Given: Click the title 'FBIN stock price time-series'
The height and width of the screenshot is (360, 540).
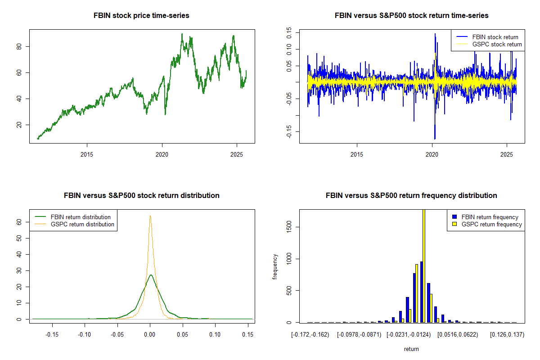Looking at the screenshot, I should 141,16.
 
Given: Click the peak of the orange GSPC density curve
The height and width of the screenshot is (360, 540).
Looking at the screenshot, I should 150,216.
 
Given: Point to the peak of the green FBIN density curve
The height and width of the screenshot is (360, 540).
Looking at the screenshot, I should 151,275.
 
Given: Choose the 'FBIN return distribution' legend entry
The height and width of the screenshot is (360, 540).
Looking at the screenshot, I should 81,217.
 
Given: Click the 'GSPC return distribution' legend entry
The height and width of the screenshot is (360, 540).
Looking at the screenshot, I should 82,224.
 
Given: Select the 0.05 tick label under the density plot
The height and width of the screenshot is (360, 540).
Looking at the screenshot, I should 182,335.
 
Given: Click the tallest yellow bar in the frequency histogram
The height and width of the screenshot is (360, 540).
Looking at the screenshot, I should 423,265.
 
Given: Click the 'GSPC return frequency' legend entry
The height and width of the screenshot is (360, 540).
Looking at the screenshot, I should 492,224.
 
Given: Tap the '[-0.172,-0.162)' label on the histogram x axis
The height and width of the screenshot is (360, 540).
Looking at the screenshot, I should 310,335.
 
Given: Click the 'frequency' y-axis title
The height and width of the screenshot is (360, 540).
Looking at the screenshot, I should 275,266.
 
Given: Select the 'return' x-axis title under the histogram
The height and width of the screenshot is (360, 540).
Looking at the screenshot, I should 411,349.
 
